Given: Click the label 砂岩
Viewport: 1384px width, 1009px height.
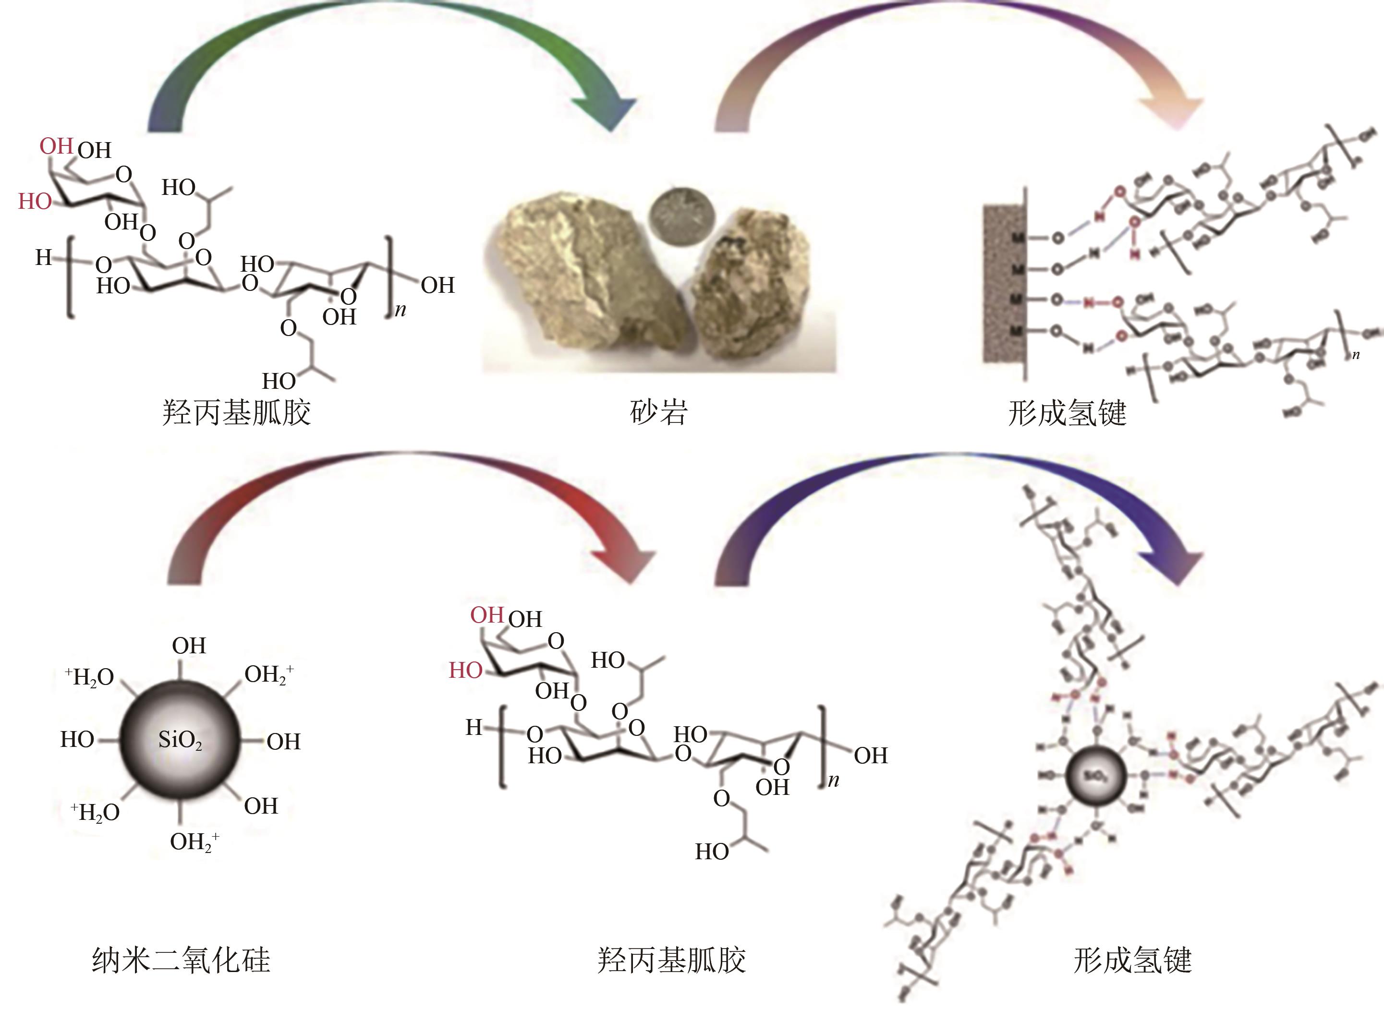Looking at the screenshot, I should tap(659, 412).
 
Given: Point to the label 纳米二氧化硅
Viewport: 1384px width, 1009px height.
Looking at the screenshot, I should tap(181, 960).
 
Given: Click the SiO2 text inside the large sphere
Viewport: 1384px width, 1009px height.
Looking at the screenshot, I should tap(180, 740).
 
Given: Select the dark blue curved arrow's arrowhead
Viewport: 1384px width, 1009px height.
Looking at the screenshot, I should tap(1173, 562).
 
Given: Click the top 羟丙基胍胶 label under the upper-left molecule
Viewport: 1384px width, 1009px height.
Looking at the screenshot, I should tap(236, 412).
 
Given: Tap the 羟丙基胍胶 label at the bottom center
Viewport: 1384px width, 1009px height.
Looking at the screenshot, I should tap(671, 960).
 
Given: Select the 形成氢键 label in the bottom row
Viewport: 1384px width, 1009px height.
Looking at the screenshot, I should tap(1132, 960).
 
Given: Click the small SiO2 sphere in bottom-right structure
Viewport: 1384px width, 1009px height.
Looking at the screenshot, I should tap(1095, 776).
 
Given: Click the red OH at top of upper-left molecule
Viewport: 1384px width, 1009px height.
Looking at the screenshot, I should tap(56, 146).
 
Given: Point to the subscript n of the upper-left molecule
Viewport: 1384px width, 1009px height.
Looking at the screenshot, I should tap(400, 310).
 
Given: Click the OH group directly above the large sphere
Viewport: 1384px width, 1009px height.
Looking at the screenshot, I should tap(189, 646).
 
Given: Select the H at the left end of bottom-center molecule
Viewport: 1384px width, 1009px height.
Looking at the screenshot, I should tap(473, 727).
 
